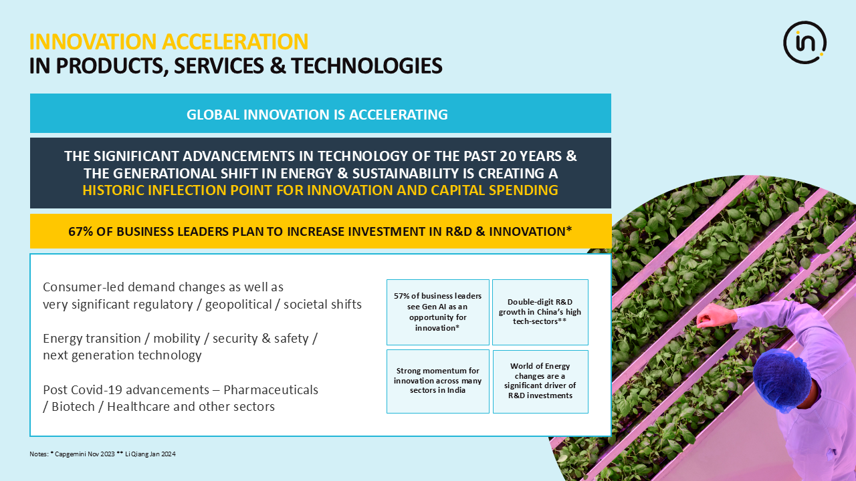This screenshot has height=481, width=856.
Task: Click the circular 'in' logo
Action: (805, 42)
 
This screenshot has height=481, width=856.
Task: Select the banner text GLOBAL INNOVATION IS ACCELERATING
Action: (317, 114)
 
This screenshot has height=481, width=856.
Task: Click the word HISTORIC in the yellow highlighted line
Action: (114, 190)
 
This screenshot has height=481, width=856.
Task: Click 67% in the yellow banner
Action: (81, 231)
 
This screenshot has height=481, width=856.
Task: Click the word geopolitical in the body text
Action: (239, 304)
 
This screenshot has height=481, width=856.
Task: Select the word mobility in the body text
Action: (177, 338)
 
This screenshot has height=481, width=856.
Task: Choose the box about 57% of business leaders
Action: (438, 312)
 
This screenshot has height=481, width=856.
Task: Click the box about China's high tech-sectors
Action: (540, 312)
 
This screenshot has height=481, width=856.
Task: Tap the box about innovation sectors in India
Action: (438, 381)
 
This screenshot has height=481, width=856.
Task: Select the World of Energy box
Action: (540, 381)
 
